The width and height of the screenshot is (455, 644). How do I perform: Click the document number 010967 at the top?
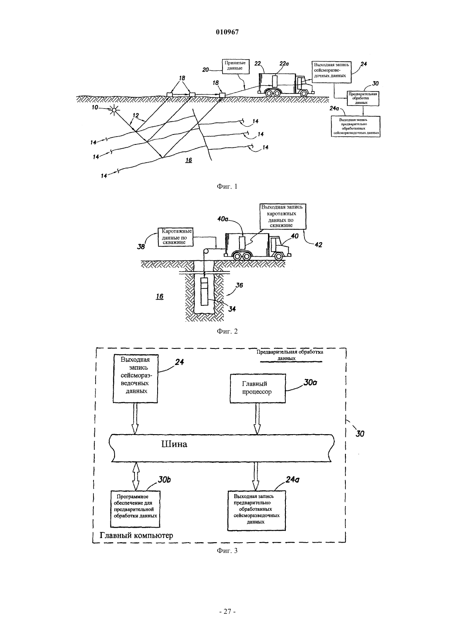tap(227, 32)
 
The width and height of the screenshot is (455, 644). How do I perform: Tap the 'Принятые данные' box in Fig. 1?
tap(235, 66)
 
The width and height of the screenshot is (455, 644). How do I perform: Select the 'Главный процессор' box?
tap(258, 388)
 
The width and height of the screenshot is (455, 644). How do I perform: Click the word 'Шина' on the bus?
tap(174, 444)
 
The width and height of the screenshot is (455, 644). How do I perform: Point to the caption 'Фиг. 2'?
tap(227, 331)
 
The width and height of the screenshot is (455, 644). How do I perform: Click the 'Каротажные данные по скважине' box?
tap(175, 237)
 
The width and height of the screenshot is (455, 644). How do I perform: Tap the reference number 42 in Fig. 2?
tap(318, 245)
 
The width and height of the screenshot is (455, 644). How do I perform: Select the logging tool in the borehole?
tap(204, 291)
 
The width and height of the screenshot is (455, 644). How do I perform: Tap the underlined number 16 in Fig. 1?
tap(189, 160)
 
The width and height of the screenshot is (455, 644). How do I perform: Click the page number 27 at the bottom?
tap(227, 612)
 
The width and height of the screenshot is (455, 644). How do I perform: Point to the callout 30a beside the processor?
tap(310, 383)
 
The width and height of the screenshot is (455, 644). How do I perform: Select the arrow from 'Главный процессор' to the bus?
tap(256, 418)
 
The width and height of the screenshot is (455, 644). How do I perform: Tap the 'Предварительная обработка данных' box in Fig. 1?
tap(362, 99)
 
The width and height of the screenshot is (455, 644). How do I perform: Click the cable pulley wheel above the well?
tap(206, 251)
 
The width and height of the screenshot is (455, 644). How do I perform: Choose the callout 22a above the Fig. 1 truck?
tap(284, 64)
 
